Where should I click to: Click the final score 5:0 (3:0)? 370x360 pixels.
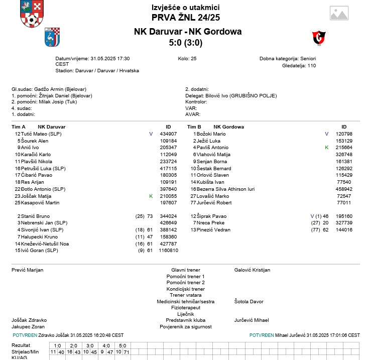click(186, 43)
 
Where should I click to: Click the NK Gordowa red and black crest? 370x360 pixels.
click(319, 37)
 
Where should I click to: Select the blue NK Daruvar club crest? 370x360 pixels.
click(52, 37)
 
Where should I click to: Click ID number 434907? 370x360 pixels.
click(168, 134)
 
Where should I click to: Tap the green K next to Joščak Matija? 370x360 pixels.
click(151, 196)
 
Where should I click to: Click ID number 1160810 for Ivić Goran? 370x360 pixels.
click(168, 250)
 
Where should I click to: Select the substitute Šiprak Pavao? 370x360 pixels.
click(211, 216)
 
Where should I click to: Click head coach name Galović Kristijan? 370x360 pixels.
click(252, 270)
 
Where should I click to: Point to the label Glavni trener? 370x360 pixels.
click(186, 270)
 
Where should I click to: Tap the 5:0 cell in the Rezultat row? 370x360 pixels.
click(122, 345)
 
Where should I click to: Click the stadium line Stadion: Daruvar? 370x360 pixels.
click(97, 71)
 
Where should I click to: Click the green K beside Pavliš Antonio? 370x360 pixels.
click(326, 148)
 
